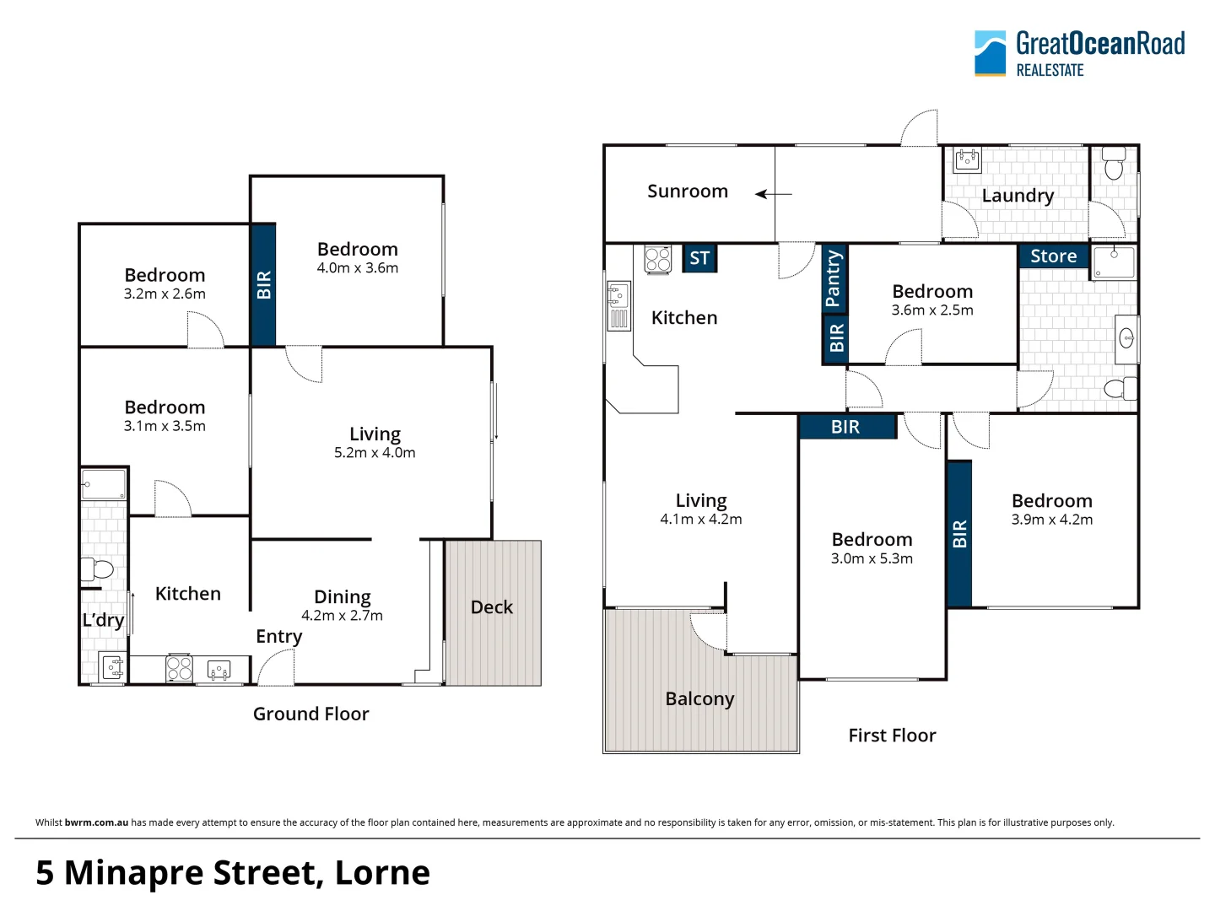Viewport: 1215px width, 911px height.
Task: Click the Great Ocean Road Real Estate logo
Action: pos(1079,54)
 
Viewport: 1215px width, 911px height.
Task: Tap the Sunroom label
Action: pos(687,191)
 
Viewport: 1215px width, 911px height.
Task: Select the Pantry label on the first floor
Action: pos(834,278)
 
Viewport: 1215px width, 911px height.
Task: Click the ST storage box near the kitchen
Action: pos(699,258)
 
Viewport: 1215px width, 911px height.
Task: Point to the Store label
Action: pos(1053,256)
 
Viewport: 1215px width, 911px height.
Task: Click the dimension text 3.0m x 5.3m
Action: pos(872,558)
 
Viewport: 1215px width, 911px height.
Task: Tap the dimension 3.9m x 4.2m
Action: pos(1051,520)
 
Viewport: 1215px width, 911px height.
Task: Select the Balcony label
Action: pos(699,699)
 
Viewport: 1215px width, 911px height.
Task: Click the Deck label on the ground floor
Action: pos(492,607)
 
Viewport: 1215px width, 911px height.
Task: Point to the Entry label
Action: pos(278,637)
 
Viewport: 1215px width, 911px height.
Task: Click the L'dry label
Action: pos(103,620)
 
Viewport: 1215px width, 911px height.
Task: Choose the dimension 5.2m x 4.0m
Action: pos(375,453)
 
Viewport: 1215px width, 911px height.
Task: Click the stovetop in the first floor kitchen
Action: pos(658,259)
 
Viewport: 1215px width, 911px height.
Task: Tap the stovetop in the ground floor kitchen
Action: pos(179,669)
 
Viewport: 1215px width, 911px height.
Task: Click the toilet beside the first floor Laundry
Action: pos(1114,165)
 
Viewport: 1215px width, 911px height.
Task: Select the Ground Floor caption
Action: pos(310,714)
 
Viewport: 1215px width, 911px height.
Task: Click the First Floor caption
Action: pos(892,736)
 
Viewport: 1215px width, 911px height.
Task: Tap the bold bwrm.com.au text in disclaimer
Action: pos(96,822)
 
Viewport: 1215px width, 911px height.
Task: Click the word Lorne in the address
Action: pos(382,873)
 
